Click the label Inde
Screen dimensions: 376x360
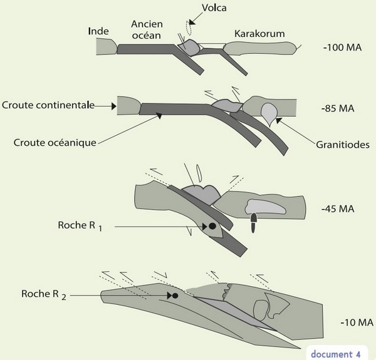(x=98, y=31)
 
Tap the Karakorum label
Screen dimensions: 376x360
(x=259, y=34)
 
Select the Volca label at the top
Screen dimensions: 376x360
(x=214, y=8)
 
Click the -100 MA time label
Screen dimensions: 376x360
(x=342, y=48)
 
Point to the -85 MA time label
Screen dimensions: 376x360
(x=338, y=108)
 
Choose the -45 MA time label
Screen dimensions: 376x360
(x=338, y=209)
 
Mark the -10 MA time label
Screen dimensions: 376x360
(x=357, y=322)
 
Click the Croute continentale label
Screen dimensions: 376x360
(x=48, y=105)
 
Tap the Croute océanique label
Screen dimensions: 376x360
(x=55, y=143)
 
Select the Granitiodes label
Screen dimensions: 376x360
(x=342, y=145)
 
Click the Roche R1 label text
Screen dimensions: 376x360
(x=80, y=226)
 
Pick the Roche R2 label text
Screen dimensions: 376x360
(x=44, y=295)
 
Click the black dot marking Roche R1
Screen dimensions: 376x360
(x=212, y=226)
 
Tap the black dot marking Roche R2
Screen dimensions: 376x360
(x=175, y=296)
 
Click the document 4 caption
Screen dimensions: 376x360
(x=335, y=354)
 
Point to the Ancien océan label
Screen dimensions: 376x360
(x=147, y=29)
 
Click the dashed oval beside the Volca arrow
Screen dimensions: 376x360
(x=189, y=28)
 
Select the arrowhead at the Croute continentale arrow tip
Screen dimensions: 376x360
(x=114, y=106)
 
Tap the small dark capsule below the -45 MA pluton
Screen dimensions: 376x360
(x=253, y=223)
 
